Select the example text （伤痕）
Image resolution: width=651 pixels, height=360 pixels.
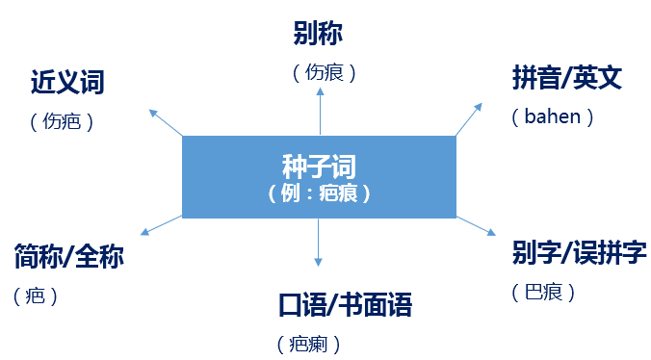pyautogui.click(x=324, y=72)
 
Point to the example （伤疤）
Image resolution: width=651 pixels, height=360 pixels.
pyautogui.click(x=62, y=122)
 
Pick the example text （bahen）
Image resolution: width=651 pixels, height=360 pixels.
pyautogui.click(x=553, y=117)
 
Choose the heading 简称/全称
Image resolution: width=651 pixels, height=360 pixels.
pyautogui.click(x=69, y=258)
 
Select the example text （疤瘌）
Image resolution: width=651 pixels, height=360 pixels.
pyautogui.click(x=308, y=344)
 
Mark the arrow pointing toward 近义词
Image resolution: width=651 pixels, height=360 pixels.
pyautogui.click(x=166, y=122)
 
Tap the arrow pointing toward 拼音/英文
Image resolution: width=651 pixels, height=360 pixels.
pyautogui.click(x=468, y=118)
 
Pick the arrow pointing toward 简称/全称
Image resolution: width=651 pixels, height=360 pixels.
pyautogui.click(x=161, y=226)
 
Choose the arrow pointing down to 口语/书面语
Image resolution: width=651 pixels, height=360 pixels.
pyautogui.click(x=319, y=243)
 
